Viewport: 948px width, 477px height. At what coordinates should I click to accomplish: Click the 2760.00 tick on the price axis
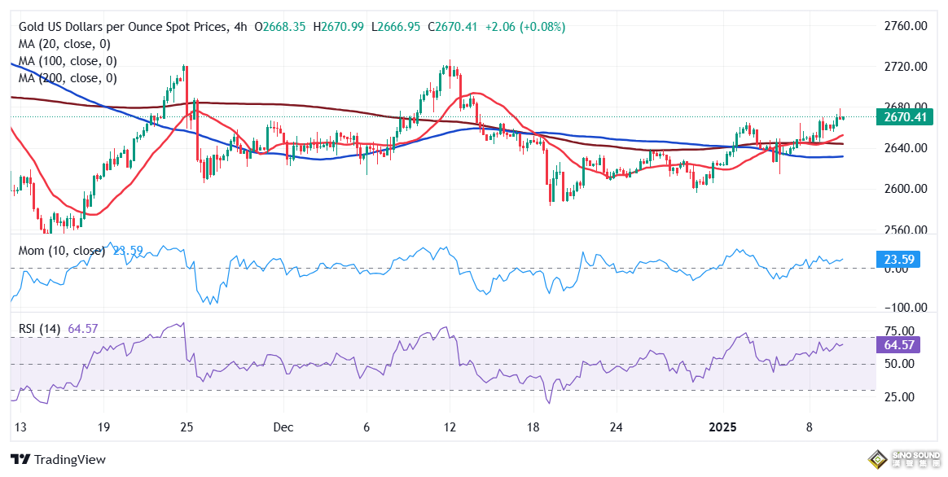point(906,26)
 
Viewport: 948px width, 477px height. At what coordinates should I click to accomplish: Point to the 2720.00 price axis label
point(906,67)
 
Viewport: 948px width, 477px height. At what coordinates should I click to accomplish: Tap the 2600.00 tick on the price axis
point(906,189)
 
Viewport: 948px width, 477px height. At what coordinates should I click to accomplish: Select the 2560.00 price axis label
point(906,230)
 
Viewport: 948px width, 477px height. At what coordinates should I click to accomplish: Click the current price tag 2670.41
point(906,118)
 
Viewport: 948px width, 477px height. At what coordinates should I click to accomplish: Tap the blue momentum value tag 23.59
point(901,260)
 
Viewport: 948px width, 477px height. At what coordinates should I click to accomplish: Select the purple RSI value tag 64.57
point(901,345)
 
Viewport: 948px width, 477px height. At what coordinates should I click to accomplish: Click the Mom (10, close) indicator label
point(62,251)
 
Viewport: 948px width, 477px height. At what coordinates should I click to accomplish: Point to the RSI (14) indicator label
point(42,329)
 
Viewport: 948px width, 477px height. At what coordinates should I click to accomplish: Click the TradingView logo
point(58,460)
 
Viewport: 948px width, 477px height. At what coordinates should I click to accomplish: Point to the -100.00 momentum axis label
point(906,308)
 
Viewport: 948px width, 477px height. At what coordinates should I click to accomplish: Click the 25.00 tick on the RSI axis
point(901,397)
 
